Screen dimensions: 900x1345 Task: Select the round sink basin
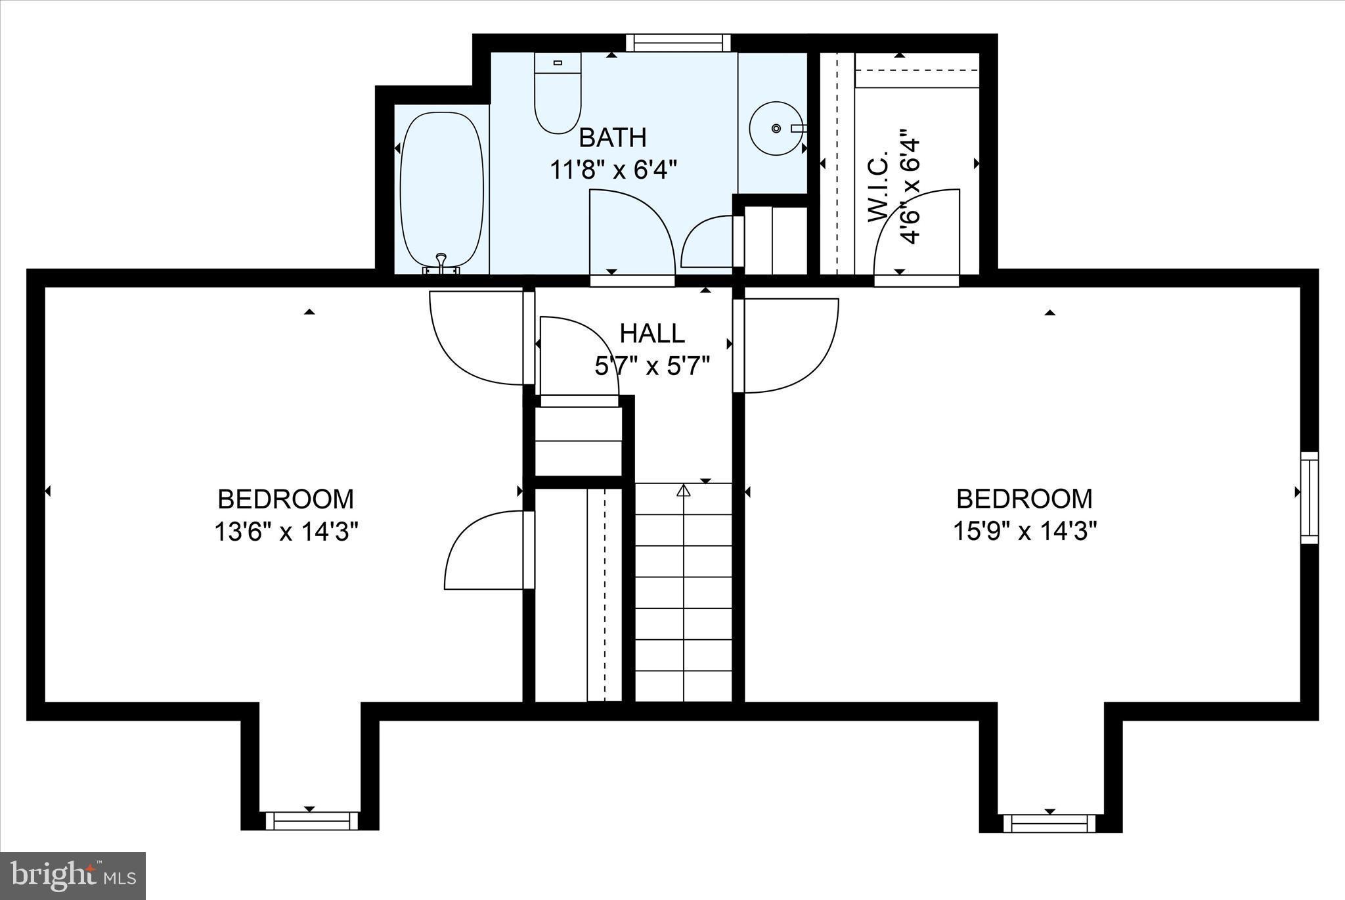tap(776, 128)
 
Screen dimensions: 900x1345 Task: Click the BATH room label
tap(612, 138)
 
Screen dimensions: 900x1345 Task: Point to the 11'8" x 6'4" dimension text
tap(612, 171)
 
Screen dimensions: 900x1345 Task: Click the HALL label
tap(652, 334)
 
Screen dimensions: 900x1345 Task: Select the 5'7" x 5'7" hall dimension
tap(652, 367)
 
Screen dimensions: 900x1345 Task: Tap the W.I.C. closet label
tap(879, 187)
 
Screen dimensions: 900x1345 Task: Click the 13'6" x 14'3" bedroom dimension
tap(286, 531)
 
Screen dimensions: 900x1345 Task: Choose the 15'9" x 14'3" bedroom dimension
tap(1025, 531)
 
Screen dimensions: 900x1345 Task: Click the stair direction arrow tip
tap(684, 489)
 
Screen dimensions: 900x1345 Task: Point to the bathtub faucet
tap(441, 261)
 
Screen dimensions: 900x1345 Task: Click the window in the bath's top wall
tap(678, 43)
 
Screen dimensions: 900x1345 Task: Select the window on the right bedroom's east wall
tap(1310, 497)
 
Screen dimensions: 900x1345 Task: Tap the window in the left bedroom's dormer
tap(309, 821)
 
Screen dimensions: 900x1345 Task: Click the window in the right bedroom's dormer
tap(1049, 823)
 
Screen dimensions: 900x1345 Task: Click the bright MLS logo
tap(72, 876)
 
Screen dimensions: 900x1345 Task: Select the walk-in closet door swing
tap(919, 230)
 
